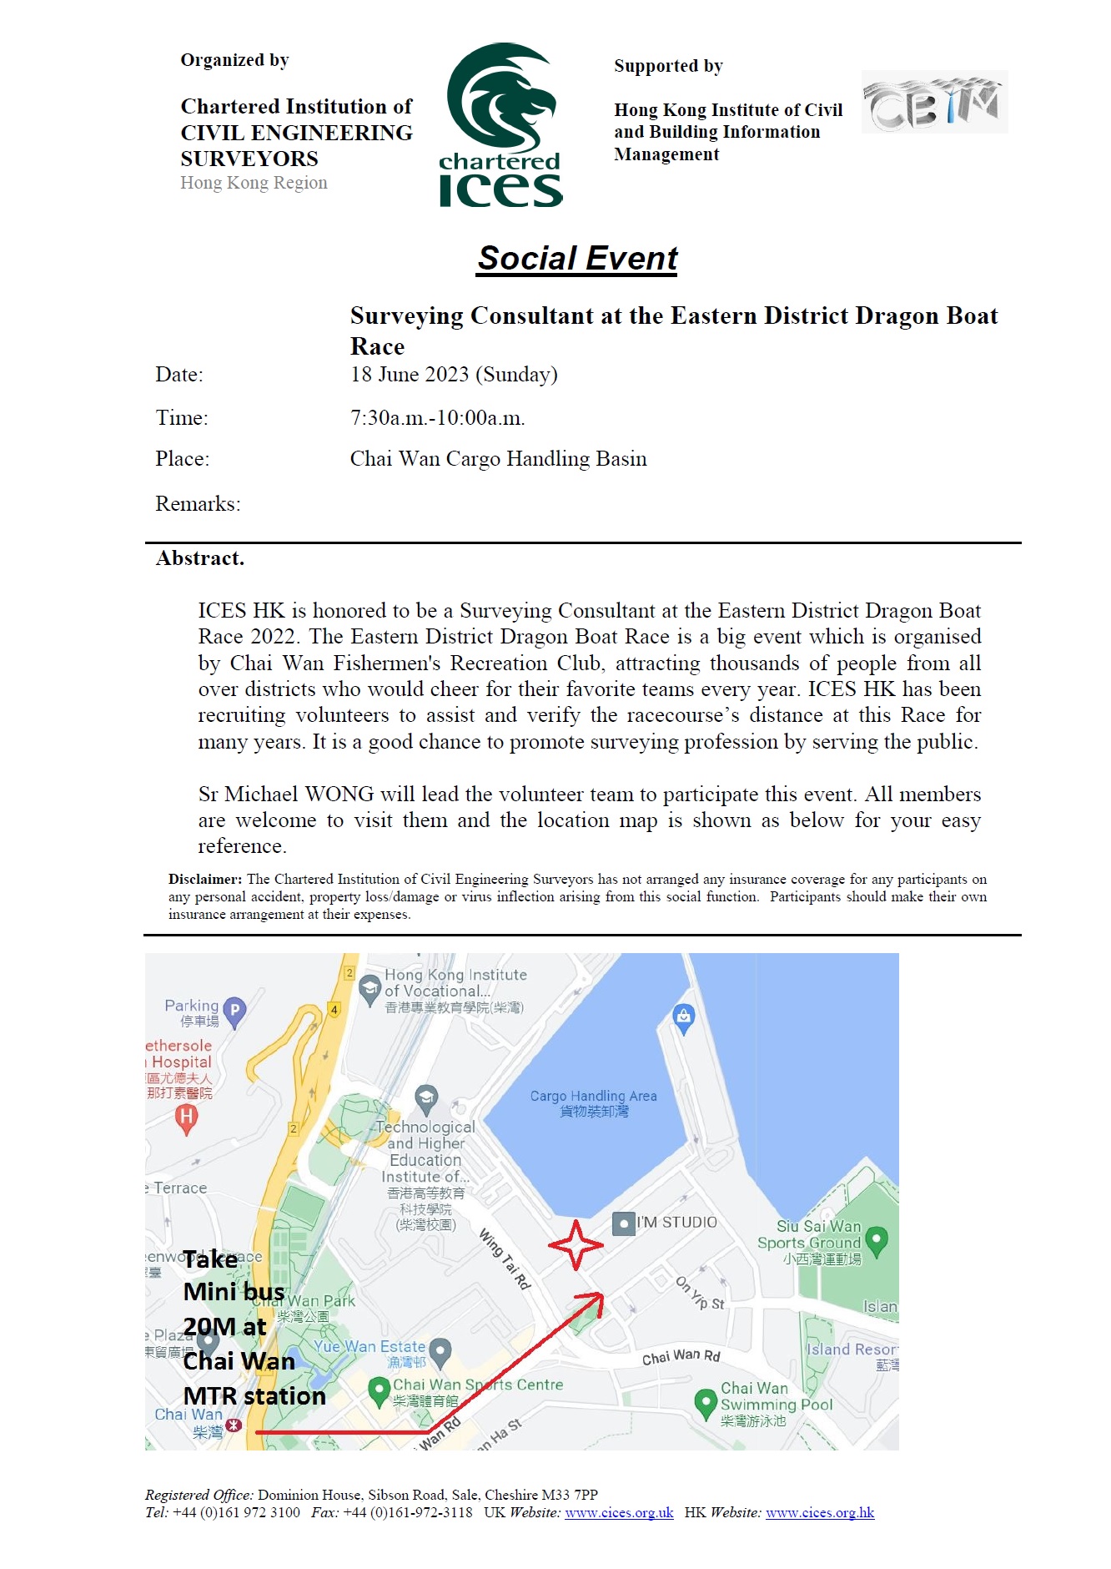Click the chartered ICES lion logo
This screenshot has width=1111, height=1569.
point(500,125)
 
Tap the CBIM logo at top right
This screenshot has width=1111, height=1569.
point(934,103)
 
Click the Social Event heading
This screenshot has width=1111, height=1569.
point(577,259)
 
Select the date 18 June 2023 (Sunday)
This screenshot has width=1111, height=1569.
point(454,375)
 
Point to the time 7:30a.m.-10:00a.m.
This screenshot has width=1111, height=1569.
point(437,418)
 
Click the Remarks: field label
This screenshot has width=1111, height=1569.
point(198,504)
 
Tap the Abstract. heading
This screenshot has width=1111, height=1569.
point(200,558)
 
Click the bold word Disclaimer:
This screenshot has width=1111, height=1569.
point(205,879)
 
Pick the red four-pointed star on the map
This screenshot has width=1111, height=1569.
point(576,1245)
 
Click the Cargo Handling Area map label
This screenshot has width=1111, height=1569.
point(593,1102)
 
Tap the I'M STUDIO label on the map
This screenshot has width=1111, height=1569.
point(676,1223)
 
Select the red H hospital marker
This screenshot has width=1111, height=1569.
point(187,1117)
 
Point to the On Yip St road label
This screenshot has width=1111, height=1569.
point(700,1293)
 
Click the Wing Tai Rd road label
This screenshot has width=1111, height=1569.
point(505,1259)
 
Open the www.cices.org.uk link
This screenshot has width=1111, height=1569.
point(619,1513)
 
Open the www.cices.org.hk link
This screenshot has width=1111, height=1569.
point(820,1513)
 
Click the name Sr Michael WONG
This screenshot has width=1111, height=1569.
point(286,795)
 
